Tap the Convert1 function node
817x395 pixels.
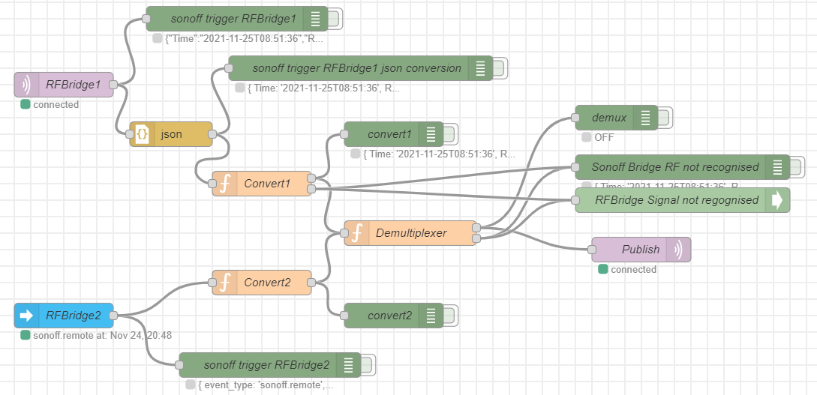(x=262, y=184)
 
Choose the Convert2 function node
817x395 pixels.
(x=262, y=283)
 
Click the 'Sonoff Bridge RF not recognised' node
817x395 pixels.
(x=674, y=167)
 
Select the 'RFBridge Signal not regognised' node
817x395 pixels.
(x=676, y=200)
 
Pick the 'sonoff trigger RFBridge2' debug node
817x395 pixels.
(x=266, y=365)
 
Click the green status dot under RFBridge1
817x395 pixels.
(x=25, y=104)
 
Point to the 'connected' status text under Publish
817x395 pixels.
(x=633, y=269)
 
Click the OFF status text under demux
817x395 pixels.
(x=603, y=137)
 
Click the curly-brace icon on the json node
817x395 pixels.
(x=141, y=134)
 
